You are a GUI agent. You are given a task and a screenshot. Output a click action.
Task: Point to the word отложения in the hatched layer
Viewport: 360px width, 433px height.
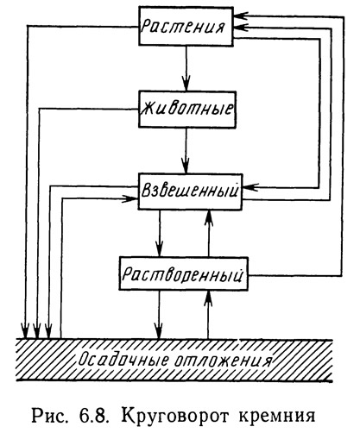(223, 360)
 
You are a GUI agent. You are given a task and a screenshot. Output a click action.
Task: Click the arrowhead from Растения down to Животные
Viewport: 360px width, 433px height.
(186, 84)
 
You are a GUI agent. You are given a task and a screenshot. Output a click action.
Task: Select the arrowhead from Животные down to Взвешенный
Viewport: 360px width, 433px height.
(186, 166)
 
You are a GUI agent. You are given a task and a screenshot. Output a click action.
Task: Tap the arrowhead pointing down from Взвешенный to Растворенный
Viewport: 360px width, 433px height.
(159, 248)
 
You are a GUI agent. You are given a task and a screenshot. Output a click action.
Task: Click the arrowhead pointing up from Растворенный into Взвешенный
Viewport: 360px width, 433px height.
(209, 218)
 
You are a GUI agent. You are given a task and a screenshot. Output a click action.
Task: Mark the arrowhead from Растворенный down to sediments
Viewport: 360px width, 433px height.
(159, 330)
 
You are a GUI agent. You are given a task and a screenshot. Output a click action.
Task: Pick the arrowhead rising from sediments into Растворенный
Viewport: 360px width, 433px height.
(209, 298)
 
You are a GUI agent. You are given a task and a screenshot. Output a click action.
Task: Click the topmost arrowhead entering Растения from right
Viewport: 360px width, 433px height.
(241, 16)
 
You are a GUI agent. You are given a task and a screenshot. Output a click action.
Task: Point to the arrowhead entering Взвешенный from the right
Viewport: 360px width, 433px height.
(250, 187)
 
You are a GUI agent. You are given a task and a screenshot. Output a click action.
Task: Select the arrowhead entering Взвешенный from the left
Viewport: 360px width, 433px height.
(130, 198)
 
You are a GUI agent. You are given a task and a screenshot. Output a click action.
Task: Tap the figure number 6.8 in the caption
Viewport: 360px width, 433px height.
(93, 415)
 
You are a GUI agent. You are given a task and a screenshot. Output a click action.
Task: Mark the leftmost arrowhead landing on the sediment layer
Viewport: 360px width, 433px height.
(26, 330)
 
